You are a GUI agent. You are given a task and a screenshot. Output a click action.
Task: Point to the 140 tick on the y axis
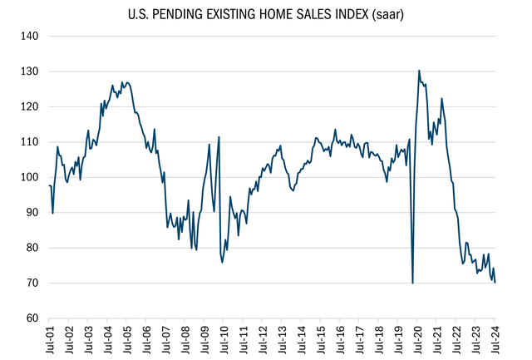coord(30,37)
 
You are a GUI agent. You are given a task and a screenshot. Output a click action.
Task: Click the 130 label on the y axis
coord(30,72)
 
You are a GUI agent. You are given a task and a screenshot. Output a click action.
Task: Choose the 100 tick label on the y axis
coord(30,177)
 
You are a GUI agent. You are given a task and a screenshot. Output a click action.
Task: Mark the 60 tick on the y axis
coord(32,318)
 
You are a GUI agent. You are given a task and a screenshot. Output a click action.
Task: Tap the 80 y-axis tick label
coord(32,248)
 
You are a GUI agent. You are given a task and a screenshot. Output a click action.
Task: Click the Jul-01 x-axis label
coord(49,341)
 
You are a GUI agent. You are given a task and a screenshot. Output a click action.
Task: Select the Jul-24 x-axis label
coord(495,341)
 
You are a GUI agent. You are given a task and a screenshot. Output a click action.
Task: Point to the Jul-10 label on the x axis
coord(224,341)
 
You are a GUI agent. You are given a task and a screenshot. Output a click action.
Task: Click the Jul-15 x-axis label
coord(321,341)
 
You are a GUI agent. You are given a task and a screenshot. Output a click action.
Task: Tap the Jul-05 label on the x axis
coord(126,341)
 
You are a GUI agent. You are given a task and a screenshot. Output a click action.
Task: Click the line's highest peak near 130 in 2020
coord(419,71)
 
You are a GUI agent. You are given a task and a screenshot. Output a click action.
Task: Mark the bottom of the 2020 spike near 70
coord(413,283)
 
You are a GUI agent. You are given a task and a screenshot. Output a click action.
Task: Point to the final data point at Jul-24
coord(495,283)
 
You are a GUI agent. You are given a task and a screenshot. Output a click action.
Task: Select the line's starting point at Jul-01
coord(49,185)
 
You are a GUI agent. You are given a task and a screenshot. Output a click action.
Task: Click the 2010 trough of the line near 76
coord(222,262)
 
